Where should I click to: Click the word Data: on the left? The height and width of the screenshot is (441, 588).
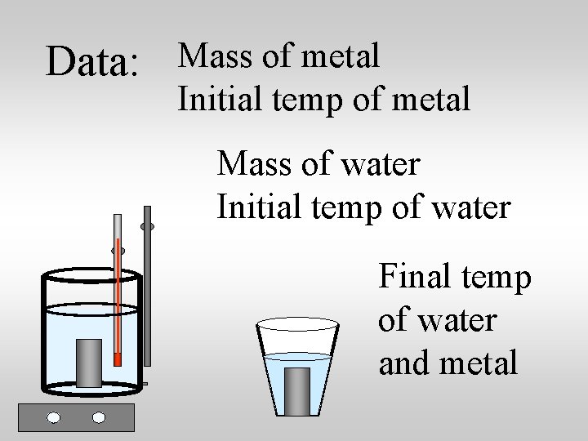click(x=91, y=62)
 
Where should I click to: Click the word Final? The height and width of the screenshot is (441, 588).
click(x=413, y=278)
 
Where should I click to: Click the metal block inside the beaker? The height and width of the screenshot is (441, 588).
click(x=89, y=362)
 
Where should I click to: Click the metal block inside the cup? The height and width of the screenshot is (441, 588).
click(x=297, y=390)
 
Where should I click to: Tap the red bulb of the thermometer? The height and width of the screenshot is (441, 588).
click(x=118, y=359)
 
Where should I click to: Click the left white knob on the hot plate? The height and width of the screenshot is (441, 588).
click(x=54, y=417)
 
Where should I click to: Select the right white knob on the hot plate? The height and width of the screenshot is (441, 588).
click(x=99, y=417)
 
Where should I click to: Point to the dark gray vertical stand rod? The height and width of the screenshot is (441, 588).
click(x=147, y=302)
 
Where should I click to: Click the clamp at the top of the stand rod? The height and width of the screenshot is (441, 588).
click(x=147, y=225)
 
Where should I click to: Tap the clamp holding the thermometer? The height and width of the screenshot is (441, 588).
click(x=118, y=251)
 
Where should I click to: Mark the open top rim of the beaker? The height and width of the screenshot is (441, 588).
click(x=91, y=274)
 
